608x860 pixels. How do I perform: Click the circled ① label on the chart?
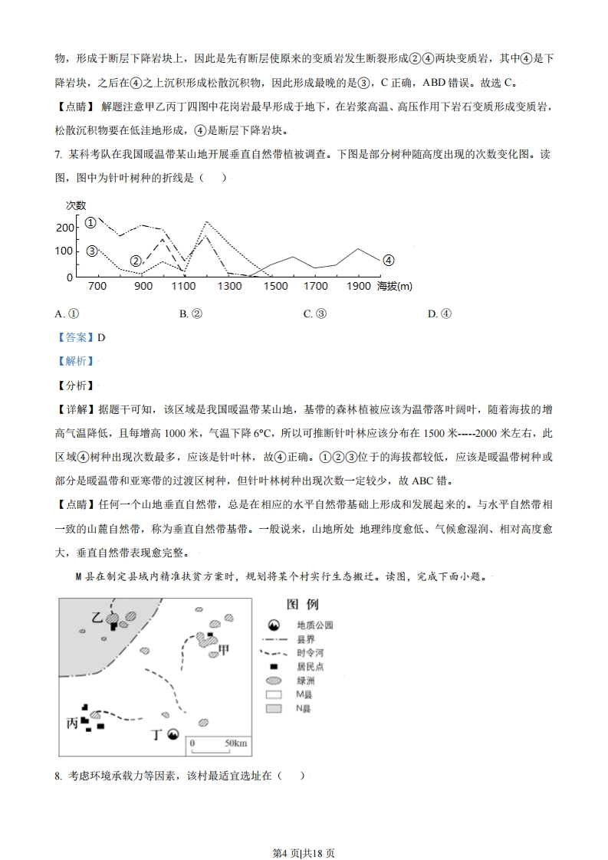coord(90,223)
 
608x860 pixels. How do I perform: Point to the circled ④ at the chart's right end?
coord(388,260)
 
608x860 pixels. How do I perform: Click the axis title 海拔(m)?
coord(394,287)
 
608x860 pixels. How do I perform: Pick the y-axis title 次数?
coord(75,205)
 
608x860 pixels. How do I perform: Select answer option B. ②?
coord(190,313)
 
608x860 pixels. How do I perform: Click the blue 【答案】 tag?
coord(74,337)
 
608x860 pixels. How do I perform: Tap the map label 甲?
coord(224,650)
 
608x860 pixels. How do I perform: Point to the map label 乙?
coord(96,617)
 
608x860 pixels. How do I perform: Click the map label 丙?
coord(74,724)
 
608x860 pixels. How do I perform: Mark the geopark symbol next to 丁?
coord(174,734)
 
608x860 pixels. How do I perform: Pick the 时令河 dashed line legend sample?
coord(274,653)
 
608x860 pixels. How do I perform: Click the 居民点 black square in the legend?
coord(273,667)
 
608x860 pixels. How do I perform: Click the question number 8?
coord(58,776)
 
